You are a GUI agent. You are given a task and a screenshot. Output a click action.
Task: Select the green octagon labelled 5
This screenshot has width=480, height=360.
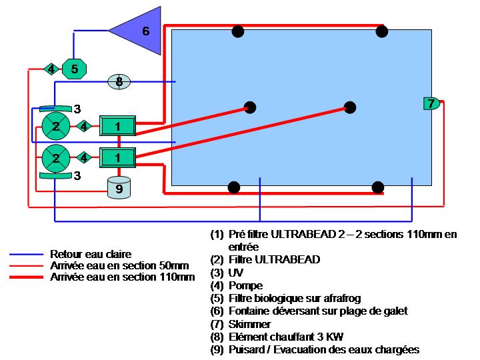point(74,69)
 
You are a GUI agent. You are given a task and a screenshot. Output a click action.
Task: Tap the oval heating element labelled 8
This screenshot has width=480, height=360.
point(119,82)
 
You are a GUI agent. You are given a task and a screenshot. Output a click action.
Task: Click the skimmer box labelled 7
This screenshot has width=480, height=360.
point(431,103)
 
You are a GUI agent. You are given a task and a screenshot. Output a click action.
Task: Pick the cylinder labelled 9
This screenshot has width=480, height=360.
point(119,187)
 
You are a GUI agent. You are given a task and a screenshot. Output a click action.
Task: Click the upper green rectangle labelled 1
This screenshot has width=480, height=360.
point(118,125)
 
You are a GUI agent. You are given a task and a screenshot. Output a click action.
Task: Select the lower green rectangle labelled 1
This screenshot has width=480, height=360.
point(118,157)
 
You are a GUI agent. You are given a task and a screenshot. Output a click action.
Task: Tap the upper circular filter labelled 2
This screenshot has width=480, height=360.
point(56,125)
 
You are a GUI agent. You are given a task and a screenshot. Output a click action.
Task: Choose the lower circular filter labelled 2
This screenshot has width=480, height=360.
point(56,158)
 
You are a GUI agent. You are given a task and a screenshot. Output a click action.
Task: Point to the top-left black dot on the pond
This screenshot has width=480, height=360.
point(237,31)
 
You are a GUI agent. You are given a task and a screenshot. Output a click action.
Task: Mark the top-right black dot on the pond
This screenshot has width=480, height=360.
point(381,31)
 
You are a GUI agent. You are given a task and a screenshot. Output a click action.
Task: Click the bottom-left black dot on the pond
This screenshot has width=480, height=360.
point(233,187)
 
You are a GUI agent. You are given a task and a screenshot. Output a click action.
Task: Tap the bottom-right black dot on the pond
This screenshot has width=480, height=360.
point(377,187)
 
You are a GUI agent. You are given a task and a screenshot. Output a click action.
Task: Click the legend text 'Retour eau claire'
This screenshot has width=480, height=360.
point(91,254)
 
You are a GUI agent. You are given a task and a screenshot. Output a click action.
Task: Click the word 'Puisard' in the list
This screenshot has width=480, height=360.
point(246,349)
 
